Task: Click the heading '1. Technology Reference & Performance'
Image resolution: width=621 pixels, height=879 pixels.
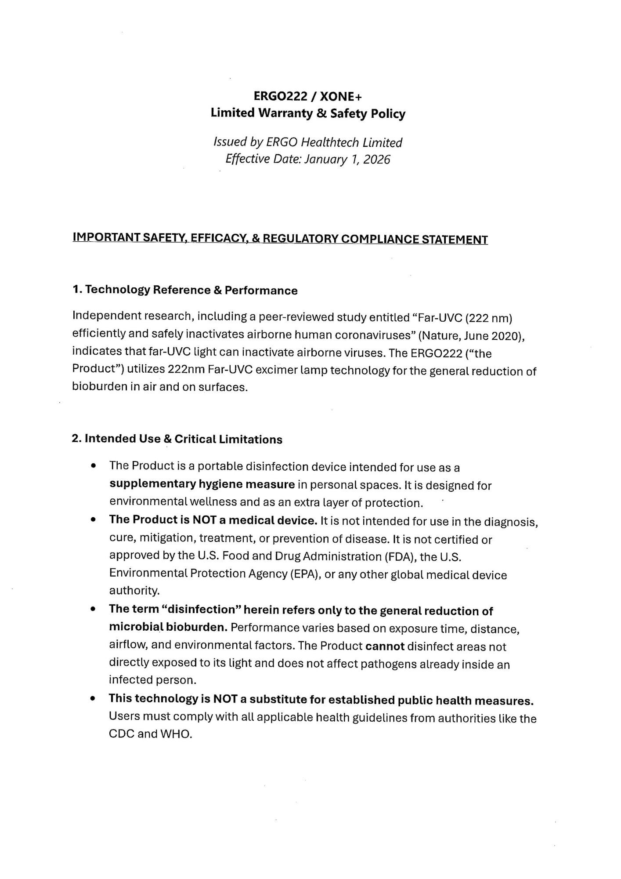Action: coord(185,290)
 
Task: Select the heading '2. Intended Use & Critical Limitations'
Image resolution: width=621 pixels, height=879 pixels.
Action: coord(177,439)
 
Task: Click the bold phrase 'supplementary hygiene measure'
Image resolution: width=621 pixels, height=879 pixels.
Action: coord(202,484)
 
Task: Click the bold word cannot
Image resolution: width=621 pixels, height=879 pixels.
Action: coord(385,647)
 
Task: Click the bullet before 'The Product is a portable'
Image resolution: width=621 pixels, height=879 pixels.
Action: coord(93,466)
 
